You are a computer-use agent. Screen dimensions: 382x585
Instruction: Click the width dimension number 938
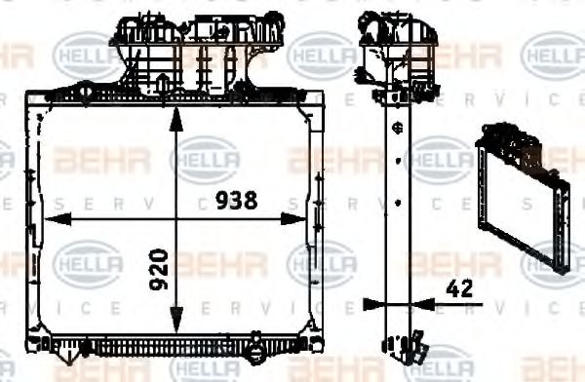(x=235, y=201)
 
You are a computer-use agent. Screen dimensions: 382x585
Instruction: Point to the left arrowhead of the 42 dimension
(x=369, y=304)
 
